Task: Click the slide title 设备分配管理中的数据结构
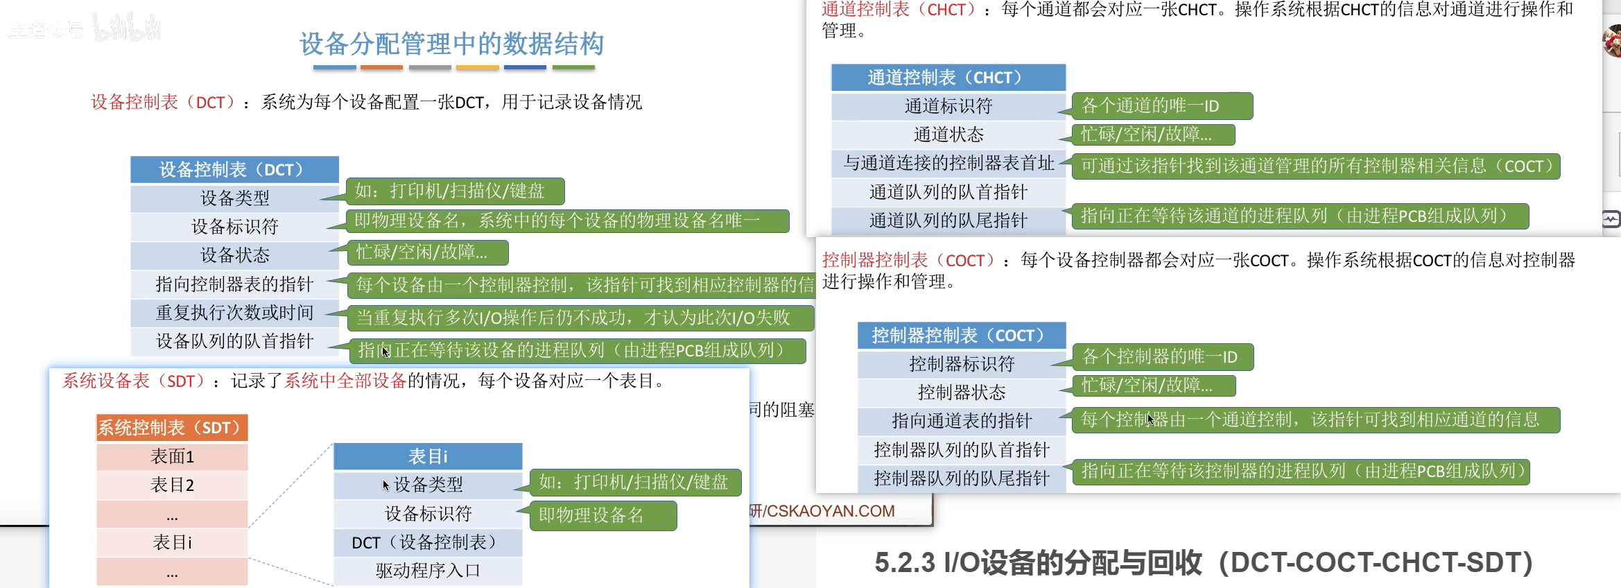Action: (451, 44)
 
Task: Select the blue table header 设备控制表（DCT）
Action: (234, 170)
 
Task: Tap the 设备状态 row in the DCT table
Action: (234, 255)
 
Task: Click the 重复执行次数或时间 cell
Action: (234, 313)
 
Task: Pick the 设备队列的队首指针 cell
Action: (234, 341)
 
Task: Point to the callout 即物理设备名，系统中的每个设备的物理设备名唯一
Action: (566, 221)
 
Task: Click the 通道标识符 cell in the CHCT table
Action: (948, 106)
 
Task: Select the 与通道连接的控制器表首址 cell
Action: (948, 163)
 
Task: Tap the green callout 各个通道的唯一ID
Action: (1161, 106)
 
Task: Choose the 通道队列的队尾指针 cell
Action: (948, 220)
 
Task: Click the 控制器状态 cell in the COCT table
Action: (961, 392)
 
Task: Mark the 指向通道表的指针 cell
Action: (961, 421)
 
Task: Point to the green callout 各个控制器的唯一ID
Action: (1162, 357)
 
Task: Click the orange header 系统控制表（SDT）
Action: (171, 428)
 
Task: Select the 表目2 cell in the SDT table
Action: (172, 485)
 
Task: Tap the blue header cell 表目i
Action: (427, 456)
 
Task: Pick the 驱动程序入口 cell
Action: (427, 571)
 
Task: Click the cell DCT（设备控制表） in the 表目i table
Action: (427, 542)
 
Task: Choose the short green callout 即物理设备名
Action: (603, 516)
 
